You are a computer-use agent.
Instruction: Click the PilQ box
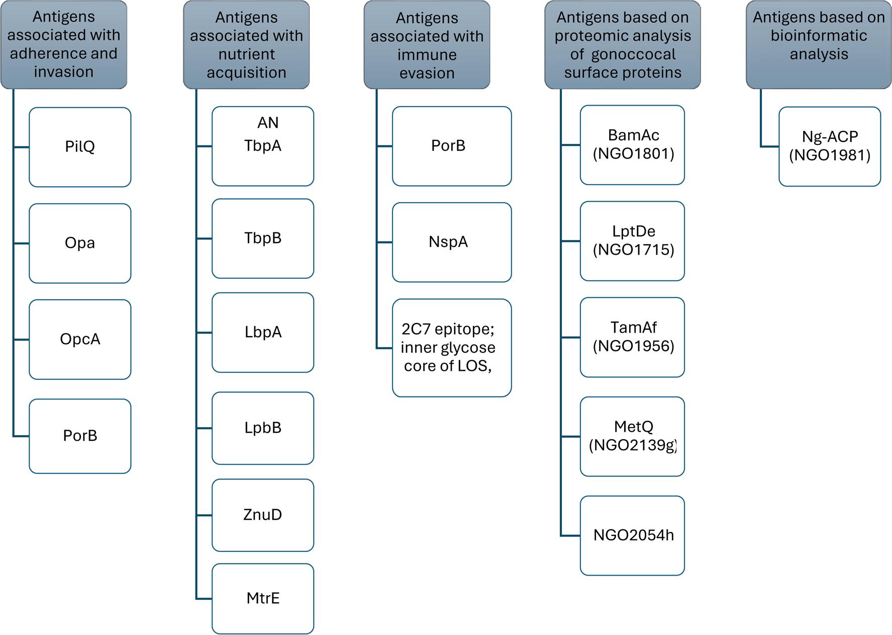(x=80, y=147)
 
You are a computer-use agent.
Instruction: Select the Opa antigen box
(x=80, y=243)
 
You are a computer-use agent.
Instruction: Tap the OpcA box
(x=80, y=339)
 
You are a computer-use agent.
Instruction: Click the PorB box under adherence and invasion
(x=80, y=436)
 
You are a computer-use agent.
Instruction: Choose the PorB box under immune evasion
(x=451, y=146)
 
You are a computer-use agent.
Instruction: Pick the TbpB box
(x=262, y=238)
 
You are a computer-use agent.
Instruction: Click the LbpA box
(x=262, y=332)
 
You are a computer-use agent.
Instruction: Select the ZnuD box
(x=262, y=515)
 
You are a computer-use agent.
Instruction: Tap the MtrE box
(x=262, y=598)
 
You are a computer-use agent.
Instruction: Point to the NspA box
(x=451, y=242)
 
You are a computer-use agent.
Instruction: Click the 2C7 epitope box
(x=451, y=348)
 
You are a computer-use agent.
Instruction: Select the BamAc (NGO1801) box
(x=632, y=144)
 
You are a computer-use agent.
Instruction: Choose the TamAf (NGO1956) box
(x=632, y=337)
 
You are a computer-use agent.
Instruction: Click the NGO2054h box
(x=632, y=535)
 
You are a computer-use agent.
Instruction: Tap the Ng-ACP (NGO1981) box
(x=829, y=146)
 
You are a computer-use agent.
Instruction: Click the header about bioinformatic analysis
(x=818, y=44)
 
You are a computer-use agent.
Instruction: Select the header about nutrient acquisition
(x=246, y=45)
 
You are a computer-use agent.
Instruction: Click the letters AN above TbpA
(x=267, y=123)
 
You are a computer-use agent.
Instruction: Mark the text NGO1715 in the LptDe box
(x=633, y=250)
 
